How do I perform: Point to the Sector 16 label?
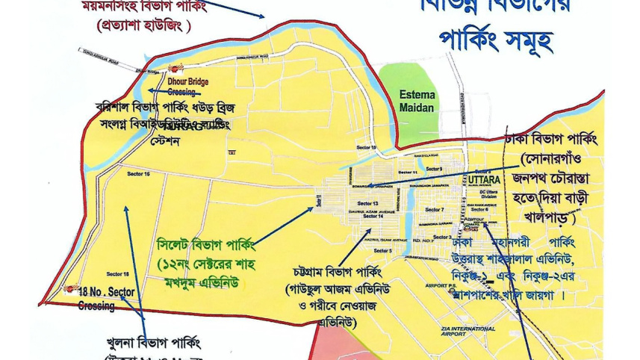point(138,173)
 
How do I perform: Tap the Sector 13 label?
point(367,204)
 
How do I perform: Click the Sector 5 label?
point(385,251)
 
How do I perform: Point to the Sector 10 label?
point(369,148)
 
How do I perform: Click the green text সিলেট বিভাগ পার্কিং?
point(206,244)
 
